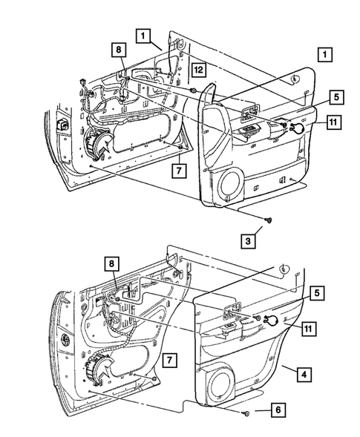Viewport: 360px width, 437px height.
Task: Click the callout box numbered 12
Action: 198,70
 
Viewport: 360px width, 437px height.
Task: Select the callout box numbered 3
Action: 248,240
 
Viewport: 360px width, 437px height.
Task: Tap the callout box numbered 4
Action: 304,374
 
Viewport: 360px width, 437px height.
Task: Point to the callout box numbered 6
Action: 278,410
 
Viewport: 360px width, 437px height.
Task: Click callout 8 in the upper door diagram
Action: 119,50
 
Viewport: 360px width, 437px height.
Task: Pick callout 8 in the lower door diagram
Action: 111,263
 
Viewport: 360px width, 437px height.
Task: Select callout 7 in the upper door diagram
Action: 179,170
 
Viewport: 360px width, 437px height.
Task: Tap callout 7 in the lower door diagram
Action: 169,360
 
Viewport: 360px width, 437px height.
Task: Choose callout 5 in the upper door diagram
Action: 337,97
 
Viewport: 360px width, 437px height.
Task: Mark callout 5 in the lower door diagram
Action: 317,293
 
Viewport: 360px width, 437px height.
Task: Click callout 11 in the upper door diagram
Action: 333,122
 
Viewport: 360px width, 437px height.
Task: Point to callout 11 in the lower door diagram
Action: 308,329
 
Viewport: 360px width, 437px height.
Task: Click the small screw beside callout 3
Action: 269,220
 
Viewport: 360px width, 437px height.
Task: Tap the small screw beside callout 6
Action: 246,413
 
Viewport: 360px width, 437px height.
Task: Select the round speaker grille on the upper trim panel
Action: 231,185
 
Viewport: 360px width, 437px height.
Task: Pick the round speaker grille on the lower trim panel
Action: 221,384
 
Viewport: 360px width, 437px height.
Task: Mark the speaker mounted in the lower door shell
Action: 97,369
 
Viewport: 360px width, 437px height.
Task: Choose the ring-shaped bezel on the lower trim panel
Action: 271,321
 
